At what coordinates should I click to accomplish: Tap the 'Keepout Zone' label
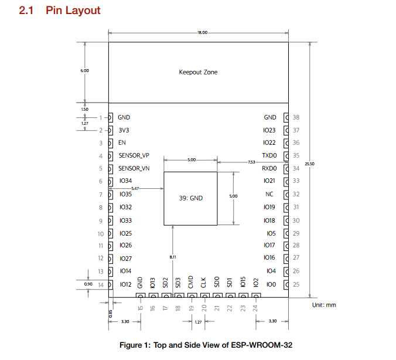(198, 72)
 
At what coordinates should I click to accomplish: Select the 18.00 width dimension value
(203, 33)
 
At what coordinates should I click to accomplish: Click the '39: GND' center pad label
(190, 198)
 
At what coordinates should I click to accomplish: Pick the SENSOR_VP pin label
(134, 155)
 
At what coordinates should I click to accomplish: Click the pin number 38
(296, 117)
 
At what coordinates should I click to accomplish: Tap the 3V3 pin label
(124, 130)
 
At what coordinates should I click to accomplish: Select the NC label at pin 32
(269, 194)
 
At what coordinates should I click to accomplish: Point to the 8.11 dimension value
(172, 257)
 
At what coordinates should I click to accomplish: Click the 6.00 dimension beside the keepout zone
(85, 70)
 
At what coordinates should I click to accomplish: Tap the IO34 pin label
(125, 181)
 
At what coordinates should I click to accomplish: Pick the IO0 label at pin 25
(270, 284)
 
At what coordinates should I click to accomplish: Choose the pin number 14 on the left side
(101, 284)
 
